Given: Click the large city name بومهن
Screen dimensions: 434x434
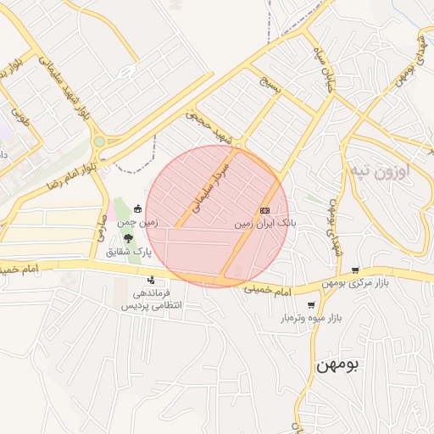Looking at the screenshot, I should [338, 365].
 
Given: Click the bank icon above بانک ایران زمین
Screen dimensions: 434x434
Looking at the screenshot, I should [264, 210].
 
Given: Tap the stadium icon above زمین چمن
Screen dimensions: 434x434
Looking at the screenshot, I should [137, 207].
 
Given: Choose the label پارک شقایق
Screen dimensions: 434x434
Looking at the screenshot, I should [128, 253].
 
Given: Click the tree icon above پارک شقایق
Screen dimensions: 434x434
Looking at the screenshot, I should [128, 238].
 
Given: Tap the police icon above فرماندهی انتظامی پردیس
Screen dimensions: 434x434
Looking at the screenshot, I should [151, 280].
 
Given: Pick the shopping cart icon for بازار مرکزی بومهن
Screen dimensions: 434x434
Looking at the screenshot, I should [354, 270].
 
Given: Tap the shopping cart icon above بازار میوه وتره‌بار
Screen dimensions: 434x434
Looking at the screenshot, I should [311, 304].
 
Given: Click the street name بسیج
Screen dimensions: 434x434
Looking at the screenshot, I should [271, 87].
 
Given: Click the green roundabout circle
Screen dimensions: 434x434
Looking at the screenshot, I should [99, 142].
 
